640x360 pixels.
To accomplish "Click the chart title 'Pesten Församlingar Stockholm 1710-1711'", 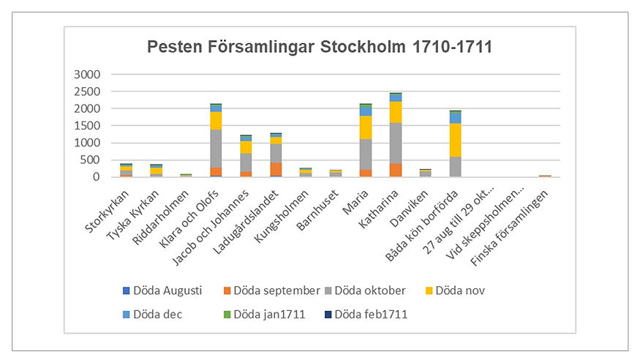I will pyautogui.click(x=320, y=48).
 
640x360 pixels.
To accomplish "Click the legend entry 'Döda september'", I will pyautogui.click(x=271, y=290).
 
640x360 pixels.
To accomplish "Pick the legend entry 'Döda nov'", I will pyautogui.click(x=454, y=290).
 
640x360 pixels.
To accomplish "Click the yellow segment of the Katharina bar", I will pyautogui.click(x=396, y=112).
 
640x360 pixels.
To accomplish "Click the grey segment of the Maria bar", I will pyautogui.click(x=366, y=154).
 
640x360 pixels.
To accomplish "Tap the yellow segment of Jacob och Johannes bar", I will pyautogui.click(x=246, y=147).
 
